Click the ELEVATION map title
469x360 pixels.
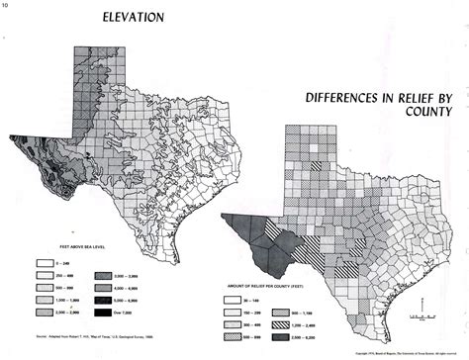pos(134,17)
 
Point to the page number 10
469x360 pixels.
pos(6,5)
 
